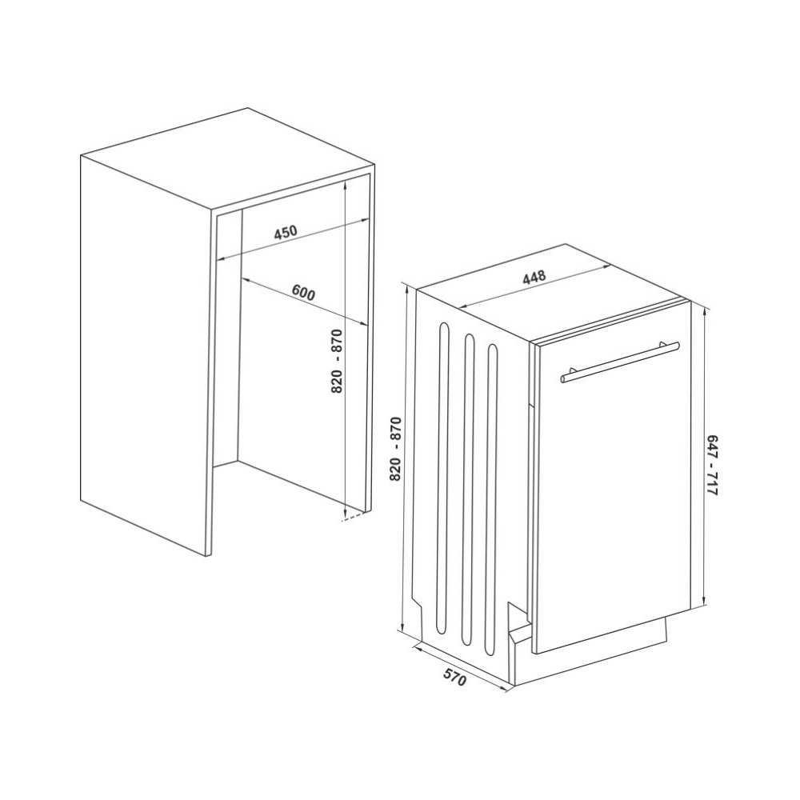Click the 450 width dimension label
pos(286,233)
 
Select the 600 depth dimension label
pos(304,294)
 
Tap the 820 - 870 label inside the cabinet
pos(337,362)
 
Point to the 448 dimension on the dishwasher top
pos(534,276)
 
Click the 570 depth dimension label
pos(454,676)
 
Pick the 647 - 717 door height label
pos(712,466)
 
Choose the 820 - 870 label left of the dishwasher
pos(396,449)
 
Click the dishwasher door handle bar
pos(619,362)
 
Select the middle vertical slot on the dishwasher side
pos(467,489)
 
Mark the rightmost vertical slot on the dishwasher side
pos(492,499)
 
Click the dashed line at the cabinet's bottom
pos(354,518)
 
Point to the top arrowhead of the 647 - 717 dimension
pos(704,310)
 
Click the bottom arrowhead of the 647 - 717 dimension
pos(704,600)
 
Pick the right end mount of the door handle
pos(664,345)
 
